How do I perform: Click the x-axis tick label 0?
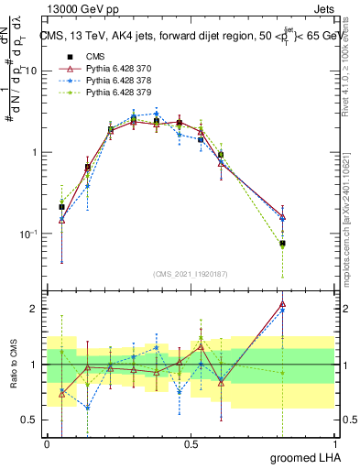pyautogui.click(x=47, y=444)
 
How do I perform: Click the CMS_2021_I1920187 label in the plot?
pyautogui.click(x=191, y=273)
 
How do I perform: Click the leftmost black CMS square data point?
pyautogui.click(x=61, y=207)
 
